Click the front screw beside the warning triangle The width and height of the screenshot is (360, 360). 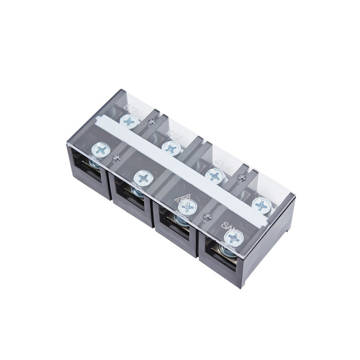187,207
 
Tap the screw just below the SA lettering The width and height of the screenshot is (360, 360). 233,238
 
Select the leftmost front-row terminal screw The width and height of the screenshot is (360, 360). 101,150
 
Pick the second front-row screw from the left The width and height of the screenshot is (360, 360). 143,178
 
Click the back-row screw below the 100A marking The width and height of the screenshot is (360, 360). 171,148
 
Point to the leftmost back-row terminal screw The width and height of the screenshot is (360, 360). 129,121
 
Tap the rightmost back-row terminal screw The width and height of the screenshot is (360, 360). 261,205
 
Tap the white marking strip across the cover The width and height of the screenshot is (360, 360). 183,165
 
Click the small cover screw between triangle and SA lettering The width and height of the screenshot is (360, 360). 207,217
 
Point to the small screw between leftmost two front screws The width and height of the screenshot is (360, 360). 118,158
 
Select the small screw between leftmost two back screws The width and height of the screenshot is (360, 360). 151,122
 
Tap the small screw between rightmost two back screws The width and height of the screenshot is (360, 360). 242,178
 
